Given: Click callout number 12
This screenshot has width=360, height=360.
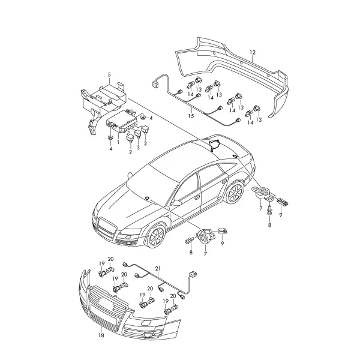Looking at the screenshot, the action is [x=253, y=53].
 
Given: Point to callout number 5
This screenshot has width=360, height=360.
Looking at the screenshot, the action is [x=109, y=74].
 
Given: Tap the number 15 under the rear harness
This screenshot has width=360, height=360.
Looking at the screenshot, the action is [x=191, y=116].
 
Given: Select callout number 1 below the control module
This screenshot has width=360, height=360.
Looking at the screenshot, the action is [x=118, y=142].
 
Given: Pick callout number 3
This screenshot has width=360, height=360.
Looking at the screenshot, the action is [x=138, y=148].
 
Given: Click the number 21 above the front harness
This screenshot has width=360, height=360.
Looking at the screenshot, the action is [x=158, y=269].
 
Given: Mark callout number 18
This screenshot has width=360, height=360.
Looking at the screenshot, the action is [x=101, y=335].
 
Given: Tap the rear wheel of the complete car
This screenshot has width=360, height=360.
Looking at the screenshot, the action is [x=234, y=193].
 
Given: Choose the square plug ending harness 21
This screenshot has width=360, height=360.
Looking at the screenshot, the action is [x=193, y=274].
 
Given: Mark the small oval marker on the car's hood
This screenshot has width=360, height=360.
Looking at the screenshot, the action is [x=146, y=198].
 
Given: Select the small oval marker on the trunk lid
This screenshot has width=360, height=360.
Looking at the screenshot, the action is [x=235, y=156].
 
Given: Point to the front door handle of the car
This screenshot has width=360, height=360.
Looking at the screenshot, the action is [x=197, y=197].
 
